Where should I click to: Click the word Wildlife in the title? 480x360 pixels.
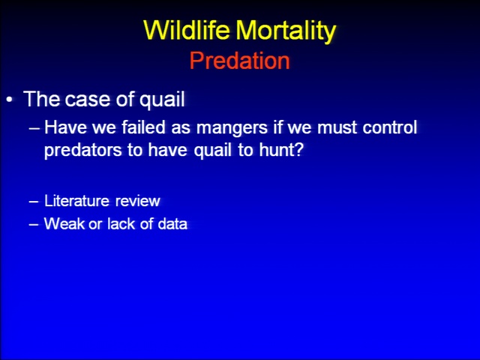tap(186, 30)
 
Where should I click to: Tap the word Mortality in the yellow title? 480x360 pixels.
tap(286, 31)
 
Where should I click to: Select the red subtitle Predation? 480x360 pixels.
tap(240, 61)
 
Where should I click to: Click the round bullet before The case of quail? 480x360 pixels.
tap(10, 100)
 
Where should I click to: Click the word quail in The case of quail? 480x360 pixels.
tap(162, 100)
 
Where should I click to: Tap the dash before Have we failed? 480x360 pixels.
tap(34, 128)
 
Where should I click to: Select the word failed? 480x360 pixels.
tap(143, 127)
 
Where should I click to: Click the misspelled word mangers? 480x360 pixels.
tap(232, 128)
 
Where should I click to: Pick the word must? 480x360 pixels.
tap(337, 127)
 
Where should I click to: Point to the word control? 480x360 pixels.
tap(390, 127)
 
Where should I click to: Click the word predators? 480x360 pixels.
tap(82, 150)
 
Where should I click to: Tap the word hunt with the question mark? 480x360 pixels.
tap(281, 150)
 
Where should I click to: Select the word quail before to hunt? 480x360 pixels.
tap(212, 150)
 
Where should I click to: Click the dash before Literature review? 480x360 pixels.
tap(34, 202)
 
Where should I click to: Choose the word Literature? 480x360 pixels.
tap(76, 201)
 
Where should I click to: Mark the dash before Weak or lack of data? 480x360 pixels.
tap(34, 224)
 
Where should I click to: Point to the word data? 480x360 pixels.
tap(172, 223)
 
